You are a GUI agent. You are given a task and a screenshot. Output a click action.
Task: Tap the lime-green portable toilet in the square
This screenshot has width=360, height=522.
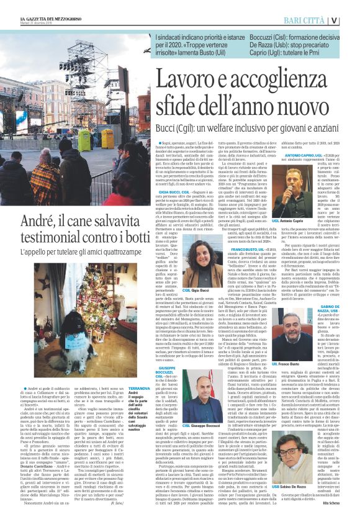(84, 140)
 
